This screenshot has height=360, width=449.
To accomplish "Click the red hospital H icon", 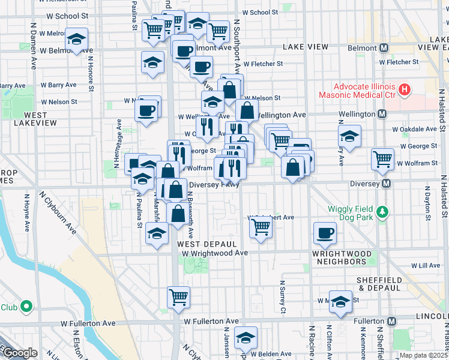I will pyautogui.click(x=405, y=90).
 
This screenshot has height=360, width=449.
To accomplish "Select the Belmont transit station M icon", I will pyautogui.click(x=384, y=47).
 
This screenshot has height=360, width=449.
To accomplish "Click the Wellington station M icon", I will pyautogui.click(x=382, y=114).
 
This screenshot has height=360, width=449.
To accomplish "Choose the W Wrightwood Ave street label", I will pyautogui.click(x=215, y=253).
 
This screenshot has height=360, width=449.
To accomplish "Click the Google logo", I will pyautogui.click(x=19, y=353).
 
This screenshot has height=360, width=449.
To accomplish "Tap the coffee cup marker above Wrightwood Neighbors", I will pyautogui.click(x=325, y=233).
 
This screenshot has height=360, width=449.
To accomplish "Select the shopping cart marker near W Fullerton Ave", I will pyautogui.click(x=178, y=297).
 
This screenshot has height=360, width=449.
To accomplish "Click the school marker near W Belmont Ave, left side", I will pyautogui.click(x=76, y=39).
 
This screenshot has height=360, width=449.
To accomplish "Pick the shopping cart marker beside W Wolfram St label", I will pyautogui.click(x=382, y=159).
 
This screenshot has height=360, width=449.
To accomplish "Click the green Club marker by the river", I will pyautogui.click(x=26, y=307).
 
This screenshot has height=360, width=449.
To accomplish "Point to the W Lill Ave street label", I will pyautogui.click(x=413, y=265).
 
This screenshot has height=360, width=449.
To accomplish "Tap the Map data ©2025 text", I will pyautogui.click(x=423, y=355).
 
